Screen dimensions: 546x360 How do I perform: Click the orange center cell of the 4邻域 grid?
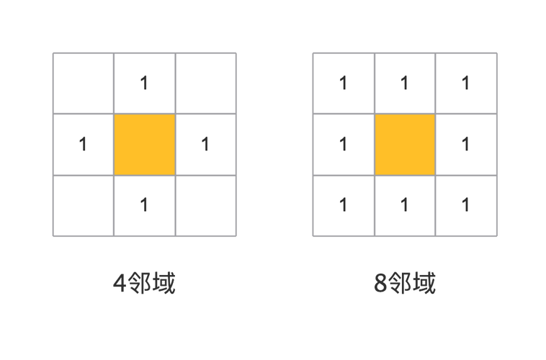(145, 145)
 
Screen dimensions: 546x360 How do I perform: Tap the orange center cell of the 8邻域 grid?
(405, 145)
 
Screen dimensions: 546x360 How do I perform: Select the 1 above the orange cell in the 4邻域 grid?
(144, 84)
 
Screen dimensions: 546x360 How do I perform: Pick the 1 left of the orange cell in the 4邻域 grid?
(83, 144)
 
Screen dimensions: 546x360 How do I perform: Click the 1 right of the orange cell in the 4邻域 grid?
(205, 144)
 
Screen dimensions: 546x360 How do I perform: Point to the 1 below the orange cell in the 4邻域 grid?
(144, 204)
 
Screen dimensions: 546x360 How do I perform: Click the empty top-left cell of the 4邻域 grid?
(84, 84)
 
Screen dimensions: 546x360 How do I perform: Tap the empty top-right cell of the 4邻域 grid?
(206, 84)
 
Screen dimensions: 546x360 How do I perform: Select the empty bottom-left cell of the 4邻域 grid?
(84, 206)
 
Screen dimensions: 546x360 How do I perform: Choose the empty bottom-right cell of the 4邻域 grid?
(206, 206)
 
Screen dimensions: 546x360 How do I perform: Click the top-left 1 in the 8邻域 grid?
(344, 84)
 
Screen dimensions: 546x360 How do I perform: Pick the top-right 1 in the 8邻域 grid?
(465, 84)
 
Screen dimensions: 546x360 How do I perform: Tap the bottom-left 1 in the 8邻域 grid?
(344, 204)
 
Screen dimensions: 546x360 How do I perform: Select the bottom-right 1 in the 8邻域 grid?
(465, 204)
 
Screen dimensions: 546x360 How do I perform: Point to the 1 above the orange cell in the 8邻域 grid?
(404, 84)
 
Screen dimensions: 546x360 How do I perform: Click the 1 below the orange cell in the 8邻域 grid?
(404, 204)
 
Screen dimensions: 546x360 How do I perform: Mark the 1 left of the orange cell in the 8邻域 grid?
(344, 144)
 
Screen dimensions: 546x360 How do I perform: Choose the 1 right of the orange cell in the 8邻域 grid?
(465, 144)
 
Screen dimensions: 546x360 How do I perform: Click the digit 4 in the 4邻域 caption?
(120, 283)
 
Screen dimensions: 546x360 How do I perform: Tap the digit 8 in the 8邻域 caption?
(380, 283)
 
